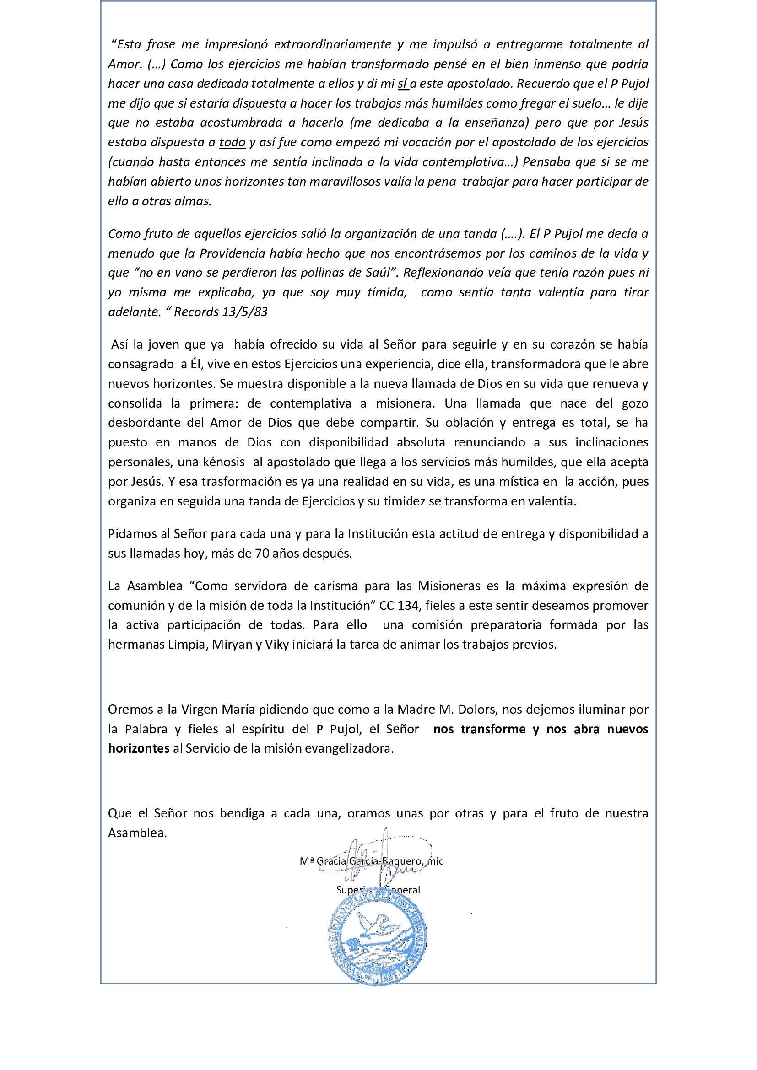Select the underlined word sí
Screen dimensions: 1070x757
coord(402,84)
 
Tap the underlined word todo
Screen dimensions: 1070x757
coord(232,143)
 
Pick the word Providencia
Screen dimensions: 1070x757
coord(233,253)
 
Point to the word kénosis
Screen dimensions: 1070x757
coord(224,462)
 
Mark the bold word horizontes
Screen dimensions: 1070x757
coord(138,749)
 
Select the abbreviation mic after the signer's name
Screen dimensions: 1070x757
coord(436,861)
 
